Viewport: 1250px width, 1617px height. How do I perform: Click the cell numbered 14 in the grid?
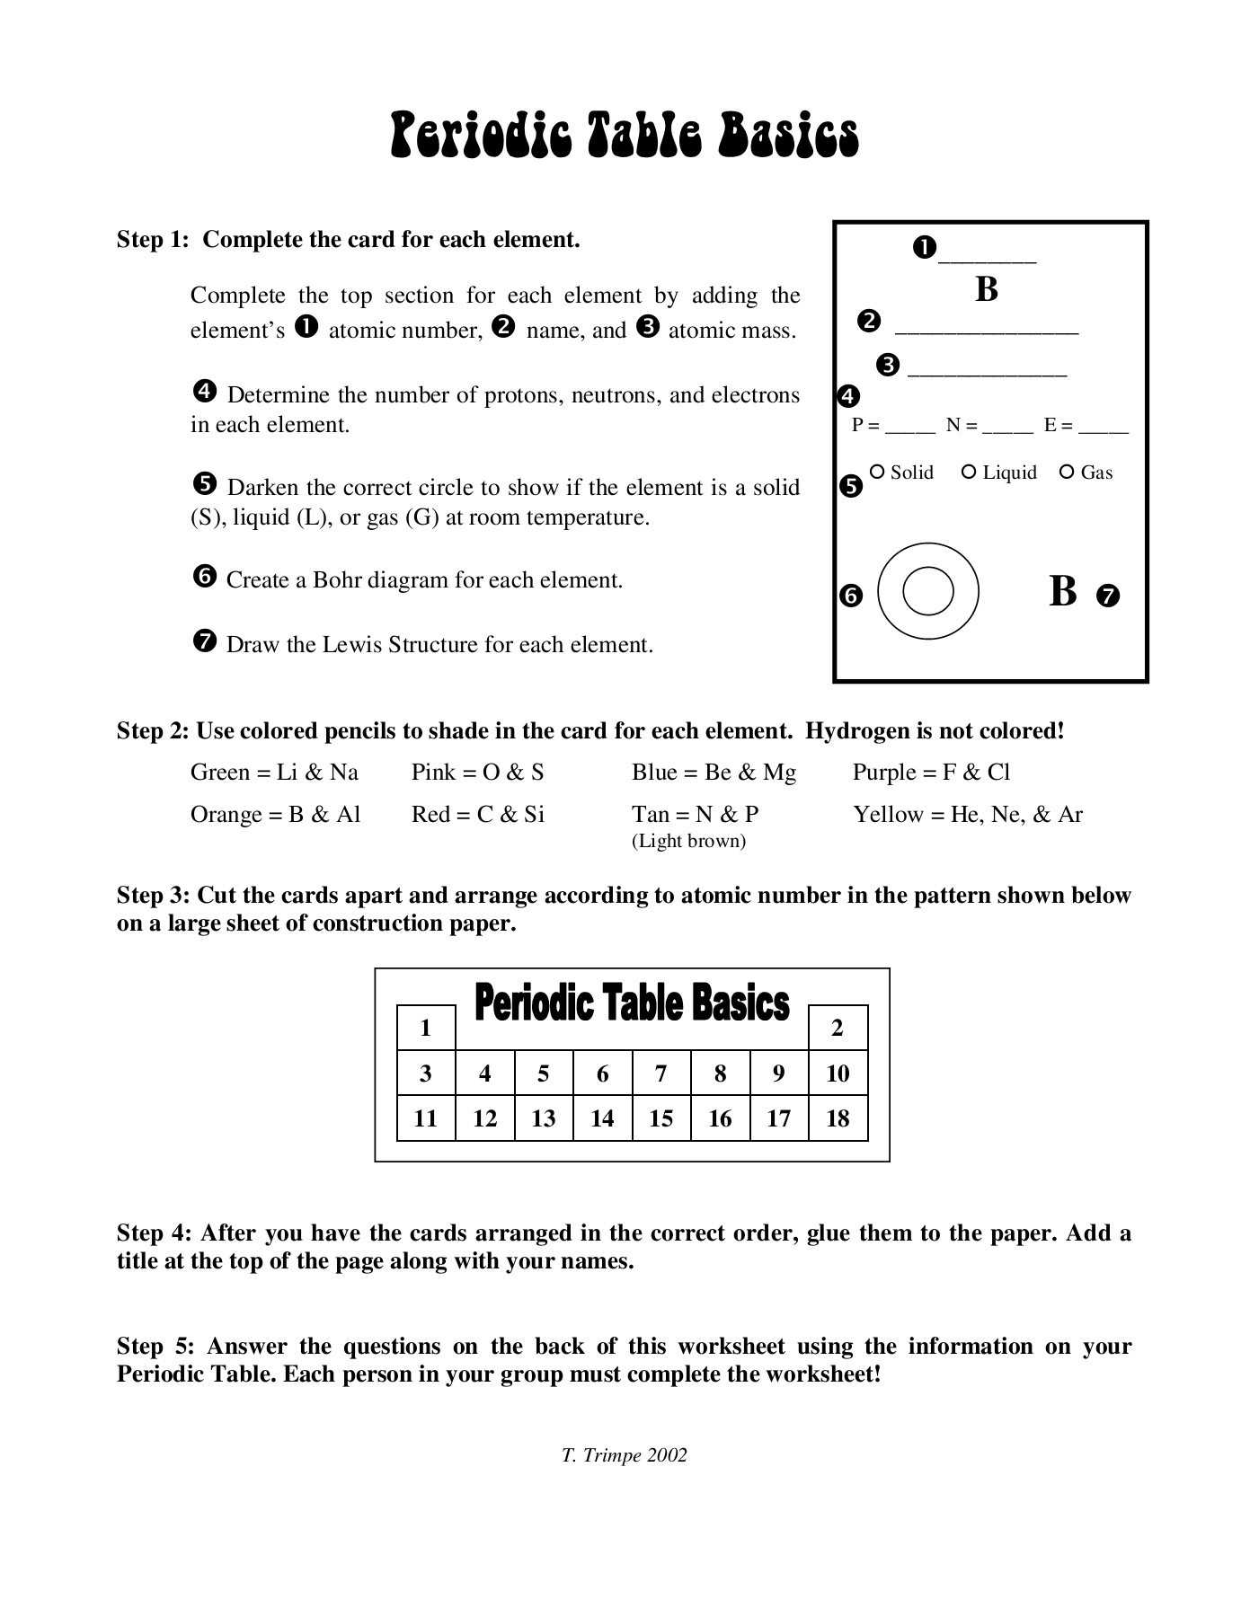point(602,1118)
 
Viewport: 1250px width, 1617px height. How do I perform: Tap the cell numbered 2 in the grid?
point(838,1028)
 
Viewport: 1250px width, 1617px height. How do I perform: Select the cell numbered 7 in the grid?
point(661,1074)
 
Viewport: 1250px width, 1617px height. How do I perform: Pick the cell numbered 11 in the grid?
point(426,1118)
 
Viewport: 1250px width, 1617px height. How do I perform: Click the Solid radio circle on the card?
point(878,472)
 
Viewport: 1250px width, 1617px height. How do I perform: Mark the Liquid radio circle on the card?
point(969,472)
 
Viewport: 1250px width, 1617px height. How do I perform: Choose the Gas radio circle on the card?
point(1067,472)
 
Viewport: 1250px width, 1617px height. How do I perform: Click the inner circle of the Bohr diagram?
point(927,591)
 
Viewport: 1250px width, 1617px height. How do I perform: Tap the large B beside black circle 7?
point(1062,592)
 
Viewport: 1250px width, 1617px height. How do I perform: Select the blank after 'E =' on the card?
point(1103,429)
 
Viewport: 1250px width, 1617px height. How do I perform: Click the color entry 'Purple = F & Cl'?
point(931,773)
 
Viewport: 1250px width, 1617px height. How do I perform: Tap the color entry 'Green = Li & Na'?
point(274,773)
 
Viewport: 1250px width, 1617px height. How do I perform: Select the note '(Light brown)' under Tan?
point(688,841)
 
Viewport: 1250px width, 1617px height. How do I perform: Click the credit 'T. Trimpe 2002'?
point(624,1455)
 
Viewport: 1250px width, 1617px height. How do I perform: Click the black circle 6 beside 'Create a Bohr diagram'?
point(205,577)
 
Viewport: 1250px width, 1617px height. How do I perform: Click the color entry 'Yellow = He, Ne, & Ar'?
point(968,815)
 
